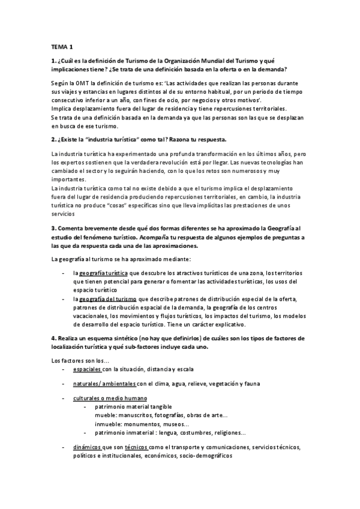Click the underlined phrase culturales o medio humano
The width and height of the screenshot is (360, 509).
tap(110, 399)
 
